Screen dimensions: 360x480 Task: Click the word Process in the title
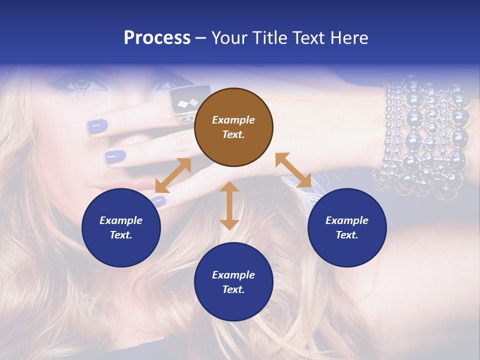pos(157,38)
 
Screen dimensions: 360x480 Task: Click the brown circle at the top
pos(233,127)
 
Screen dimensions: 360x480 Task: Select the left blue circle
pos(121,227)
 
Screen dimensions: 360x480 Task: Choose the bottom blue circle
pos(233,281)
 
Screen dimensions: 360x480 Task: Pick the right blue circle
pos(347,227)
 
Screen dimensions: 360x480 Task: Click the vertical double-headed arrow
pos(229,205)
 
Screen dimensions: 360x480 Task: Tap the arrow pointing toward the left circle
pos(173,175)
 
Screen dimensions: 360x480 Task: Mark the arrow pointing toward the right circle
pos(293,170)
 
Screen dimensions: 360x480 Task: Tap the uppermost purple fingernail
pos(97,126)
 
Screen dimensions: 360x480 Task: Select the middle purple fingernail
pos(115,156)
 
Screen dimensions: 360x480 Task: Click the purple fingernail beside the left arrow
pos(158,201)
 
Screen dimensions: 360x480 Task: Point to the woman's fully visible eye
pos(80,83)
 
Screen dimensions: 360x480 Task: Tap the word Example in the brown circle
pos(233,120)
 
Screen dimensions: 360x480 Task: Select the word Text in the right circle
pos(347,235)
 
